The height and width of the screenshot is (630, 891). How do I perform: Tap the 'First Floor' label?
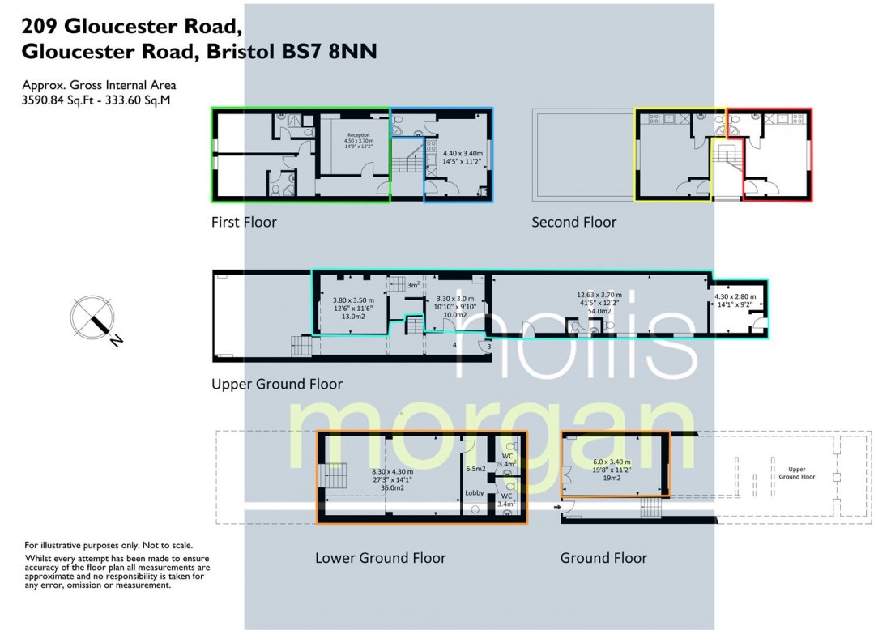click(244, 222)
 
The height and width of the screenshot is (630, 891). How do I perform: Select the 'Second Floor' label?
click(573, 222)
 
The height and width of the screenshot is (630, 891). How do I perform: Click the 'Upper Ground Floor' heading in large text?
click(277, 384)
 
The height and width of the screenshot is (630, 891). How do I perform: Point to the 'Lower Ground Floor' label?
click(380, 557)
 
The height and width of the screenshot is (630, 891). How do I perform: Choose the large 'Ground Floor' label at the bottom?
click(603, 557)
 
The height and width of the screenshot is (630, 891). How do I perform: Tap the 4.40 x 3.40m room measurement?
click(463, 157)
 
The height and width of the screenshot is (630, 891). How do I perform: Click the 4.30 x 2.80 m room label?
click(736, 300)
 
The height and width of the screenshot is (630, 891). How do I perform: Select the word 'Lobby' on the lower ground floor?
click(475, 492)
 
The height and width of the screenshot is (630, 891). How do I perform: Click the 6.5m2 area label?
click(475, 468)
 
